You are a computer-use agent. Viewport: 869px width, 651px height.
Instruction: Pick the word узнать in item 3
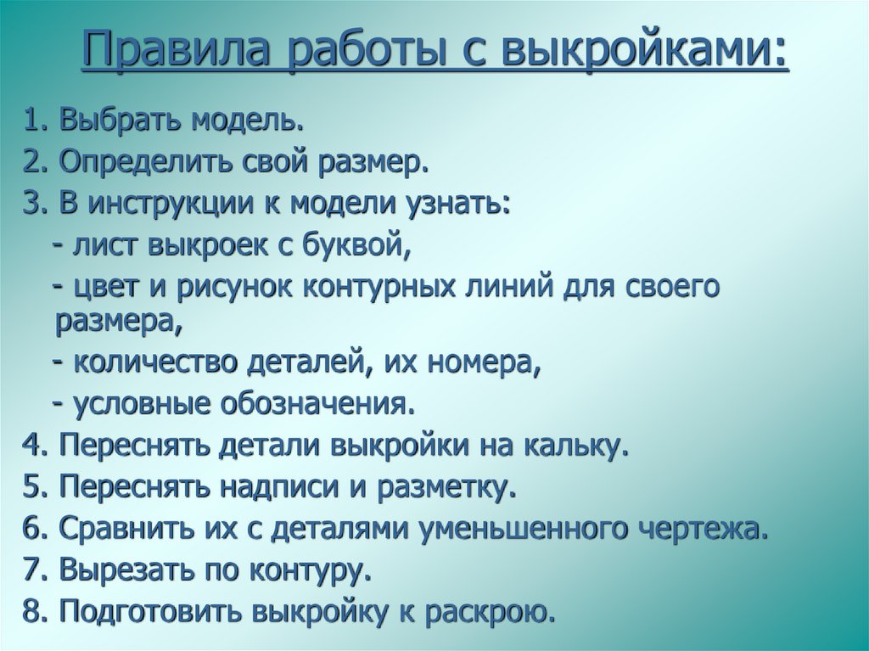tap(456, 204)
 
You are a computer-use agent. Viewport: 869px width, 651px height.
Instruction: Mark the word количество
tap(156, 364)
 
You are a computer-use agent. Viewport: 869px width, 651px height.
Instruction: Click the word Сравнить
tap(119, 529)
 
